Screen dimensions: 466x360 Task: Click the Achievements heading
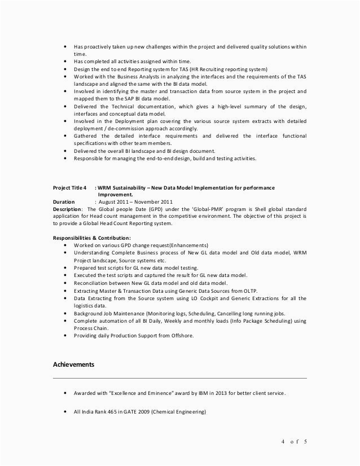click(x=73, y=364)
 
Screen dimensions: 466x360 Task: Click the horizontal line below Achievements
click(x=180, y=377)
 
